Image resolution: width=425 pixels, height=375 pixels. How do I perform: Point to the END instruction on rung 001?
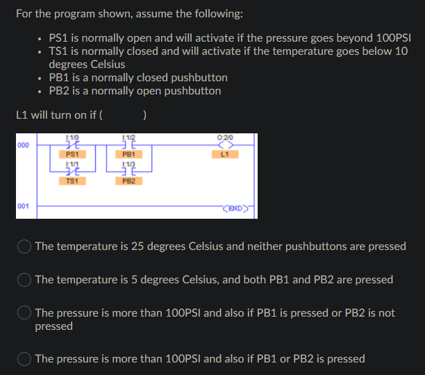pyautogui.click(x=233, y=207)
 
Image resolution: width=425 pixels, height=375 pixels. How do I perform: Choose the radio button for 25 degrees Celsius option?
pyautogui.click(x=25, y=247)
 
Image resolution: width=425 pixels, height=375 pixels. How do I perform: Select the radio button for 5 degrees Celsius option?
pyautogui.click(x=25, y=280)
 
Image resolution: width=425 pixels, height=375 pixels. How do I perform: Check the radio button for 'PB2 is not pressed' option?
pyautogui.click(x=25, y=313)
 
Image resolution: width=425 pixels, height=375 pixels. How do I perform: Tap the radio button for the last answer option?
pyautogui.click(x=25, y=359)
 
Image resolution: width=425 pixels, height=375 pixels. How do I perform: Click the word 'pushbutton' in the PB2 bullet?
pyautogui.click(x=193, y=91)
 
